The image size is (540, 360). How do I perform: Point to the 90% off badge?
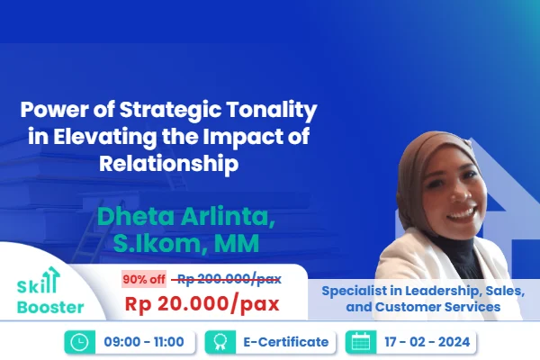point(143,278)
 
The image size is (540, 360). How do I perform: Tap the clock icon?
point(77,342)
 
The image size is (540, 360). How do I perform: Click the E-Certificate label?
point(279,342)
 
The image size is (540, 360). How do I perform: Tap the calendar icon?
point(361,342)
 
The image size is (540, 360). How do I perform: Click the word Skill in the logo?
point(36,286)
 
